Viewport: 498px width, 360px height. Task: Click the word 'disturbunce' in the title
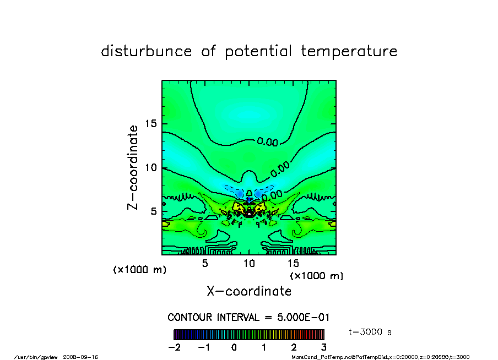pyautogui.click(x=147, y=52)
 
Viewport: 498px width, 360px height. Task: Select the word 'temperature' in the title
pyautogui.click(x=349, y=52)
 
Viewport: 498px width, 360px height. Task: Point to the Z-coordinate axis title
pyautogui.click(x=133, y=167)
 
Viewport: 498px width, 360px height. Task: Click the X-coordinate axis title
pyautogui.click(x=249, y=291)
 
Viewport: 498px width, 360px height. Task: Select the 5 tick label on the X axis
pyautogui.click(x=205, y=263)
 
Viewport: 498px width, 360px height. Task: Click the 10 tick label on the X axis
pyautogui.click(x=249, y=263)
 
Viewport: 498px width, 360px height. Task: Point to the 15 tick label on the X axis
pyautogui.click(x=293, y=263)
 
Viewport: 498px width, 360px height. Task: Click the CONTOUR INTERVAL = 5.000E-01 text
pyautogui.click(x=248, y=318)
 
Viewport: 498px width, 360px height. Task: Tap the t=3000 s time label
pyautogui.click(x=370, y=332)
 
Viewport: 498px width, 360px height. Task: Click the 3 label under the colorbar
pyautogui.click(x=323, y=347)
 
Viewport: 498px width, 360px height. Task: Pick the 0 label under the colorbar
pyautogui.click(x=234, y=347)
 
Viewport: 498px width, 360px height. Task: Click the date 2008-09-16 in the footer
pyautogui.click(x=85, y=357)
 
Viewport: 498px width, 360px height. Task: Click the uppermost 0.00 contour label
pyautogui.click(x=268, y=142)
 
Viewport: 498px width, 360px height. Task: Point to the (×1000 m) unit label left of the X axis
pyautogui.click(x=139, y=270)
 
